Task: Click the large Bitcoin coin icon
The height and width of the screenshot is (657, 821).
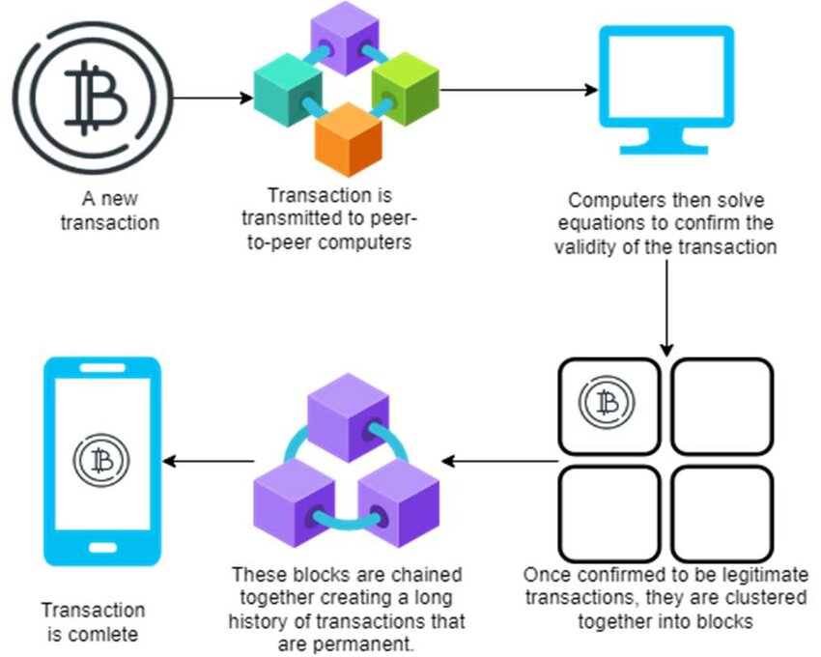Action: (93, 98)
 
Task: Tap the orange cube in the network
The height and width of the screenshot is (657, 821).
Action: (348, 139)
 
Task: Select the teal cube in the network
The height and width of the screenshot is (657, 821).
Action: (288, 90)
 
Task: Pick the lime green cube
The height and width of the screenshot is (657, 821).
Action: (406, 89)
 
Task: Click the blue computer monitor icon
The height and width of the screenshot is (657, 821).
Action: (666, 90)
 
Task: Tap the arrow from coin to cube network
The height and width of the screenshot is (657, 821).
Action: (213, 98)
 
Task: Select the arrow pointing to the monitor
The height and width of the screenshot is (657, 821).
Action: (519, 90)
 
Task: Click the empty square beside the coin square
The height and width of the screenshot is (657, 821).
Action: (722, 407)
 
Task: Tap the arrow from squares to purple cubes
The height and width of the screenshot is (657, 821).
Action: (500, 461)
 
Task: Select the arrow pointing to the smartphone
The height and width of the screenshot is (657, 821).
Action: (209, 461)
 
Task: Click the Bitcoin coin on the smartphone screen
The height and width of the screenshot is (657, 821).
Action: (101, 461)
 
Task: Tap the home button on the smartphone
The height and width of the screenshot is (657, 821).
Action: (102, 548)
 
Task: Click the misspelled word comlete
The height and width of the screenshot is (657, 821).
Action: (103, 635)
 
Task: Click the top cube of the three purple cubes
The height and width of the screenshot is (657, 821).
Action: (348, 417)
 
